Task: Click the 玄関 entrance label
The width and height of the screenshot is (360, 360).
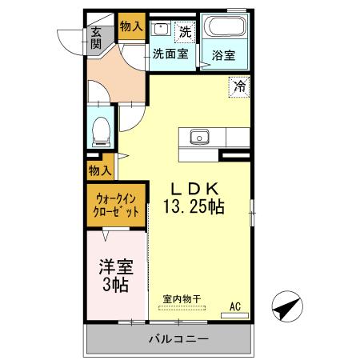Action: pos(96,38)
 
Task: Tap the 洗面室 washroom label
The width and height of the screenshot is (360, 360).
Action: pos(170,54)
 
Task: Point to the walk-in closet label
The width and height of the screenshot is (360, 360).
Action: pos(116,205)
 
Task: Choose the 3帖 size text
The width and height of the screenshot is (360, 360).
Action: pos(116,285)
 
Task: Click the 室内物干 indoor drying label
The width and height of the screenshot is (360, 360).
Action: pos(182,298)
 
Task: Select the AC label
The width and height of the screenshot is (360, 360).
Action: pos(235,304)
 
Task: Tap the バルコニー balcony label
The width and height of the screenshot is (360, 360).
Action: pos(178,339)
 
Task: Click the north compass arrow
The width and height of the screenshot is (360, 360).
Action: pos(289,307)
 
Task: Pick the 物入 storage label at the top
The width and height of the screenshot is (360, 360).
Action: pos(130,26)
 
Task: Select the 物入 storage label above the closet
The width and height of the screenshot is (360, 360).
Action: pos(100,170)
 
